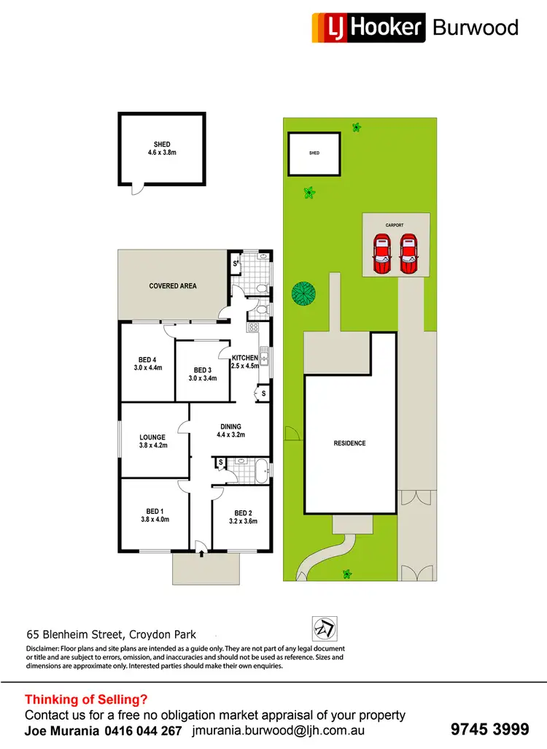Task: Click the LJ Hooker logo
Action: [x=368, y=28]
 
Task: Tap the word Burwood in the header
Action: [x=476, y=28]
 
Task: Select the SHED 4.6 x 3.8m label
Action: [x=162, y=149]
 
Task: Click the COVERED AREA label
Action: [x=173, y=286]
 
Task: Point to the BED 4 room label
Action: [x=147, y=364]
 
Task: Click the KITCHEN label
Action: [x=245, y=361]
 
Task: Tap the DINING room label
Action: [x=230, y=431]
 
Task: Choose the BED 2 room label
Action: [x=243, y=517]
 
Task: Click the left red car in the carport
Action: [x=382, y=253]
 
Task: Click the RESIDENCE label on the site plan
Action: [x=350, y=443]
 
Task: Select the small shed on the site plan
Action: [x=314, y=154]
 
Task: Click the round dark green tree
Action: [x=304, y=293]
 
